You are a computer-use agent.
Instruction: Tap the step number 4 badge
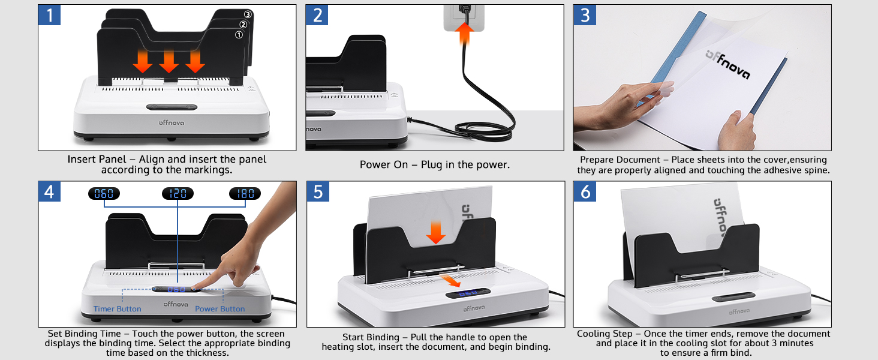point(50,192)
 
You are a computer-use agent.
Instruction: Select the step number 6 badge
point(585,192)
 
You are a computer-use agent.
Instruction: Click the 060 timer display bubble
point(104,194)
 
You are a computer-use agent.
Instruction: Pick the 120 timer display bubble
point(178,194)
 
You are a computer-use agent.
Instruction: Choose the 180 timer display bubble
point(245,194)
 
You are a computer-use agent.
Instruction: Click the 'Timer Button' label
point(118,309)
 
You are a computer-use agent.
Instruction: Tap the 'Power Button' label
point(220,309)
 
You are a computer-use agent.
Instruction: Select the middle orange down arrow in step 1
point(169,60)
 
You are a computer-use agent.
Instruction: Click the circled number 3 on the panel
point(248,14)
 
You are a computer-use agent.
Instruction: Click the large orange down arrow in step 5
point(436,231)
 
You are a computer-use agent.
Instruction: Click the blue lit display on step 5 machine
point(468,293)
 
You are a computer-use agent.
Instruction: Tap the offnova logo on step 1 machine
point(172,122)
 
